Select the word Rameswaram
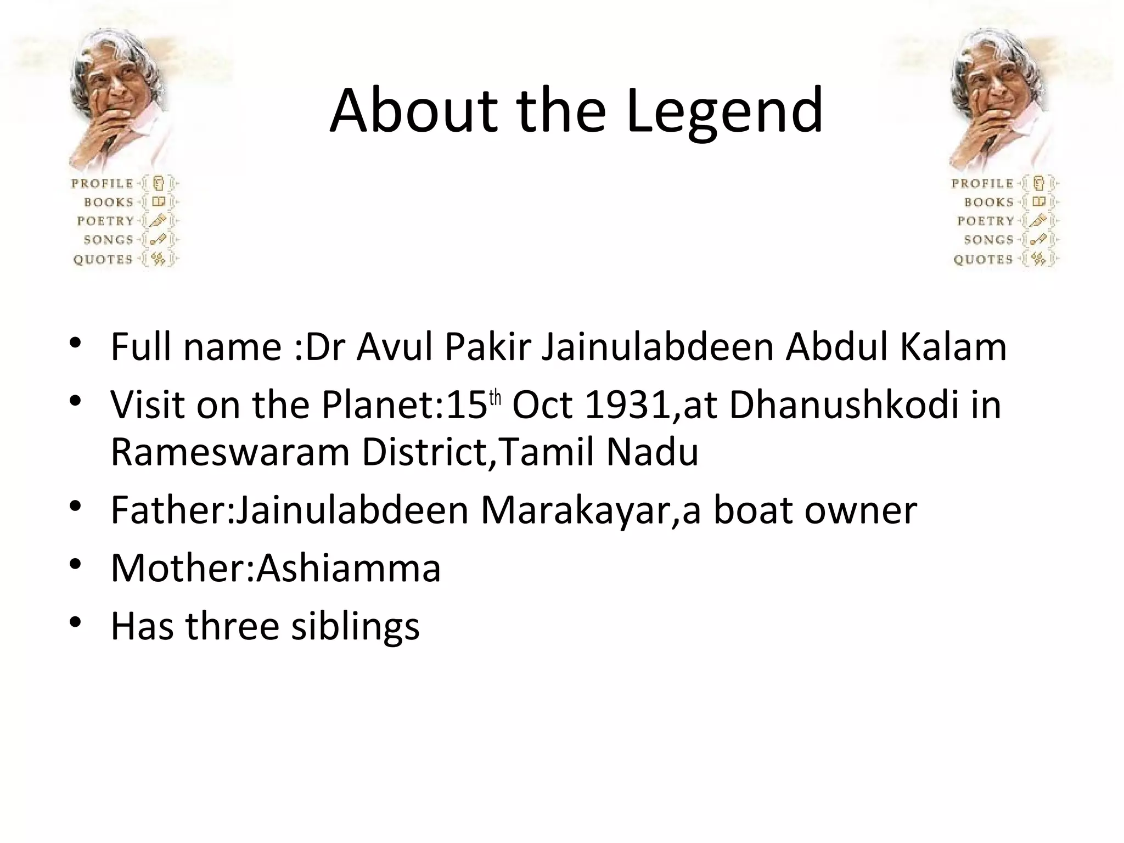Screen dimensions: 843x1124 (x=230, y=453)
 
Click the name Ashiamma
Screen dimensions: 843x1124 (x=349, y=568)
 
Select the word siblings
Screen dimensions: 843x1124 (x=355, y=626)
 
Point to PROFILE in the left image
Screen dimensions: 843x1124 (x=103, y=183)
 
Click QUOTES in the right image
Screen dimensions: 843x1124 (x=983, y=259)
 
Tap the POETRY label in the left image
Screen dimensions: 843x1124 (x=105, y=221)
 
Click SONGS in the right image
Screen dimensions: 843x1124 (x=988, y=240)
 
